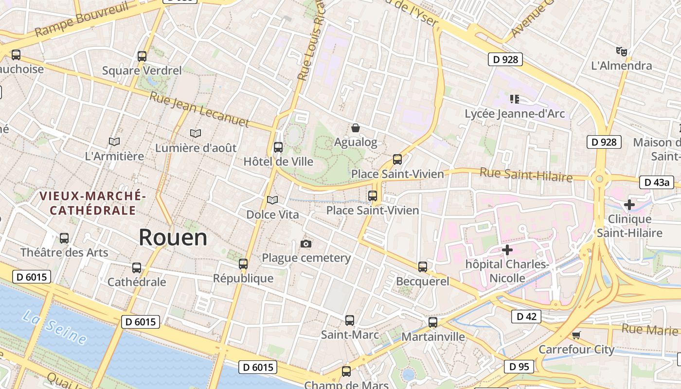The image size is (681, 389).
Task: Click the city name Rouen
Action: coord(173,238)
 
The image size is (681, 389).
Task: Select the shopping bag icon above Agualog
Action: coord(356,128)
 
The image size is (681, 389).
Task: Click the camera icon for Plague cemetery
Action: coord(306,244)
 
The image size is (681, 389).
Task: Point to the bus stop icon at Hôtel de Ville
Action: coord(278,147)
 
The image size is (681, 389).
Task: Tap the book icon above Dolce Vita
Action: coord(272,200)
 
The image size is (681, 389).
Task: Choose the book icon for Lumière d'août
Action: coord(196,133)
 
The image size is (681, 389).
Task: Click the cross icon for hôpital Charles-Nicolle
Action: coord(507,250)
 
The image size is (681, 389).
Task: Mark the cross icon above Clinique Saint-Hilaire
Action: coord(629,205)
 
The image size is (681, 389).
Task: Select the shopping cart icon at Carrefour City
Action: coord(576,335)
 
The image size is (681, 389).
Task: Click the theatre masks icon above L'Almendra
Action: coord(621,51)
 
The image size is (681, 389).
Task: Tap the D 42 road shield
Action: coord(526,317)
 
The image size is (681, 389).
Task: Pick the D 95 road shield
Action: coord(519,366)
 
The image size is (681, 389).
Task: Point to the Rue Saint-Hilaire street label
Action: coord(526,174)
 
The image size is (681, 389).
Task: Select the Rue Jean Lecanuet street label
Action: coord(199,109)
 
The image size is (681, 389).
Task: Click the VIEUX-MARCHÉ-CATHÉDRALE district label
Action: coord(92,203)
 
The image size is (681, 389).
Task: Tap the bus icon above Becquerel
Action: coord(423,266)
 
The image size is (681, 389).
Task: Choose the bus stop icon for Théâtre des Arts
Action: coord(64,238)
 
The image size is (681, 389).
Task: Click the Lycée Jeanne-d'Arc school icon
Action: coord(515,99)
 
